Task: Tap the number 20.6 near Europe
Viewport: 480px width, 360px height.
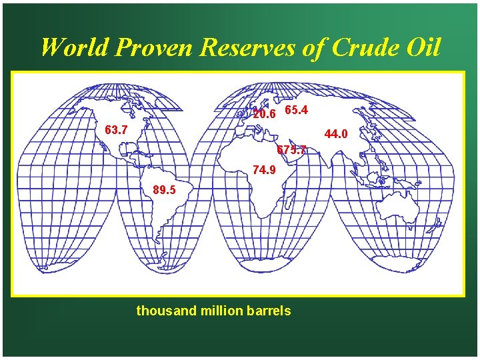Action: point(263,114)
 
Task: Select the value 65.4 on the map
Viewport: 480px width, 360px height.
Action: point(295,109)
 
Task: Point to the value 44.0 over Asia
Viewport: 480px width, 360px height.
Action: point(335,134)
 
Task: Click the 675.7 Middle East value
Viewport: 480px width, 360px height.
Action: point(291,150)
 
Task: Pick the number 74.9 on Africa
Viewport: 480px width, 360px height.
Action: point(264,170)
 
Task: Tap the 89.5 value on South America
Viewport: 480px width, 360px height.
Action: point(164,190)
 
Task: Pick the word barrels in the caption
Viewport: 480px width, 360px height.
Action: point(268,311)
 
